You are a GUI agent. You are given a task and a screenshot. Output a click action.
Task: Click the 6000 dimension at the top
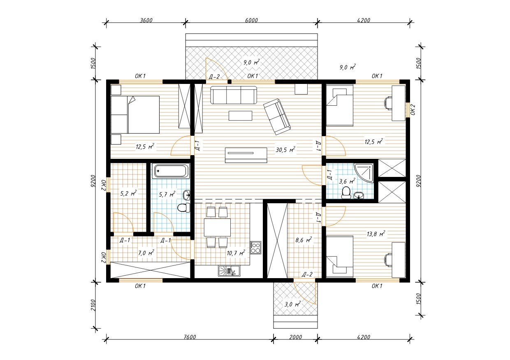point(251,20)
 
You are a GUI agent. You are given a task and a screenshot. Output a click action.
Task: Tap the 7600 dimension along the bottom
point(190,337)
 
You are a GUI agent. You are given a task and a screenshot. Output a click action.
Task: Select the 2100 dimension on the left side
point(93,305)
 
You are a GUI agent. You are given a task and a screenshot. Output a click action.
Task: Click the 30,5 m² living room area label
point(285,150)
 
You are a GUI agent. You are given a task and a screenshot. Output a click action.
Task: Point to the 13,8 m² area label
point(376,234)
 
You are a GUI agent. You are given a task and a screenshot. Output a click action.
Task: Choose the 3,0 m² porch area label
point(292,304)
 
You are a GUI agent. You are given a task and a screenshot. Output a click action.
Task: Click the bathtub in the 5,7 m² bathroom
point(171,171)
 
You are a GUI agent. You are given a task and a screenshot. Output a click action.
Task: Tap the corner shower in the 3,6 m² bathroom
point(364,173)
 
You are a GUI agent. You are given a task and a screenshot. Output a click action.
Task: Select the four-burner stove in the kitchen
point(255,248)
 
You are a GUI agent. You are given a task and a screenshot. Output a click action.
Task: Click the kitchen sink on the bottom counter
point(229,271)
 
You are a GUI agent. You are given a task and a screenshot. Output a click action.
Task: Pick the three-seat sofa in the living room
point(233,95)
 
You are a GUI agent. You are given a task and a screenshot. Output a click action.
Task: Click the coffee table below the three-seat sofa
point(241,116)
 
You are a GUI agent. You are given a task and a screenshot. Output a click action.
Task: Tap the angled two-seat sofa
point(277,116)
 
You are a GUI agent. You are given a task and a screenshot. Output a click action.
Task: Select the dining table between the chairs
point(217,227)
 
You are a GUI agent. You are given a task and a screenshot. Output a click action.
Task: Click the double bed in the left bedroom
point(135,114)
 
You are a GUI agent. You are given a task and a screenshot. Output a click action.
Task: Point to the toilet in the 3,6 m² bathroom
point(346,193)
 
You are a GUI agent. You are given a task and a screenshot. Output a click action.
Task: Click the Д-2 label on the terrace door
point(214,77)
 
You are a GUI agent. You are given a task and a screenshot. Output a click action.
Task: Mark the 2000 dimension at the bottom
point(296,337)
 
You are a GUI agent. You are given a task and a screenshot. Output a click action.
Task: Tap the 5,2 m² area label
point(128,193)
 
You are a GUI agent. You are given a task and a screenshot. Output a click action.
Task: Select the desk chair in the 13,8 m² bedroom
point(388,260)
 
